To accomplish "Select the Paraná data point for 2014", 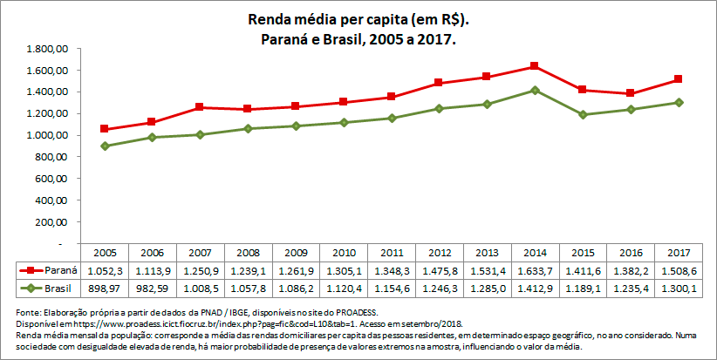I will coord(533,66).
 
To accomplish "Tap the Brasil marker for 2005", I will coord(105,146).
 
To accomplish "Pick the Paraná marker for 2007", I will coord(200,107).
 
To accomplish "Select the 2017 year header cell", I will coord(674,251).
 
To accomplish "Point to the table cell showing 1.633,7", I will coord(533,269).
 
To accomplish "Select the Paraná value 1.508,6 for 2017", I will coord(674,269).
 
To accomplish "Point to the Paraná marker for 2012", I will coord(438,83).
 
